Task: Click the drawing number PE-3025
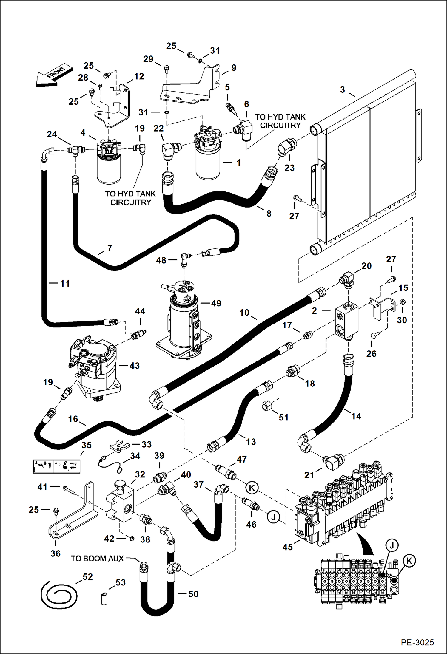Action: [417, 642]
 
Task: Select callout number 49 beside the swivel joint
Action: [216, 303]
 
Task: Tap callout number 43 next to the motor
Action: [134, 366]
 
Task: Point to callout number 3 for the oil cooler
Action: [343, 89]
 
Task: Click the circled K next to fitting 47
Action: [252, 488]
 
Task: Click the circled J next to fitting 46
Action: [273, 517]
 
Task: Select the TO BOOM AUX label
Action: [97, 559]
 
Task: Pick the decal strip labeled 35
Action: [56, 466]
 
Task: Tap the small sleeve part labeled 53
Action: [104, 599]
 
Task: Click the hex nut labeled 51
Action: [266, 406]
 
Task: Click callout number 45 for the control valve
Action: [288, 547]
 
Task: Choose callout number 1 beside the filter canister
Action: [238, 163]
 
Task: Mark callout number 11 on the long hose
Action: [65, 283]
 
